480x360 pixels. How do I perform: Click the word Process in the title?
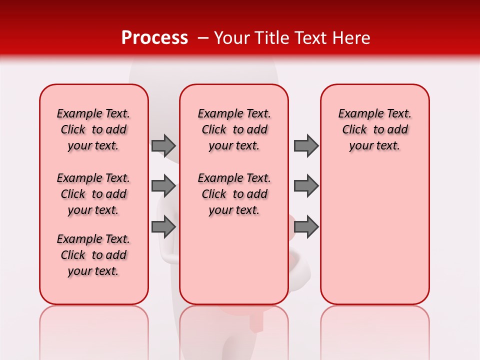(x=154, y=38)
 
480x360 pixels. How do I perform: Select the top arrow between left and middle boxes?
(x=163, y=145)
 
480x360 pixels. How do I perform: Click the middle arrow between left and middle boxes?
(x=163, y=186)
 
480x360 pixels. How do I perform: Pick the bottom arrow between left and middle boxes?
(x=163, y=226)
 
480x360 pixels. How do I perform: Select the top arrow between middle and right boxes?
(x=306, y=145)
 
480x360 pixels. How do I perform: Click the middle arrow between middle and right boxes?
(x=306, y=186)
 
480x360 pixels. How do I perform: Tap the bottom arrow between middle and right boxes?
(x=306, y=226)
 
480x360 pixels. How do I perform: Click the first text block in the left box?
(x=93, y=129)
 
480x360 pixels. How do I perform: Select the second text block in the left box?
(x=93, y=194)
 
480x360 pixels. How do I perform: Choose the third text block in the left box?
(x=93, y=255)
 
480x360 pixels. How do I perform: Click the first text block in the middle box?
(x=234, y=129)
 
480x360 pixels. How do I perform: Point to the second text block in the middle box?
(x=234, y=194)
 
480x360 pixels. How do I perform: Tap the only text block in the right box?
(x=375, y=129)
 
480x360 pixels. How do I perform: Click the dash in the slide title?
(x=203, y=38)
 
